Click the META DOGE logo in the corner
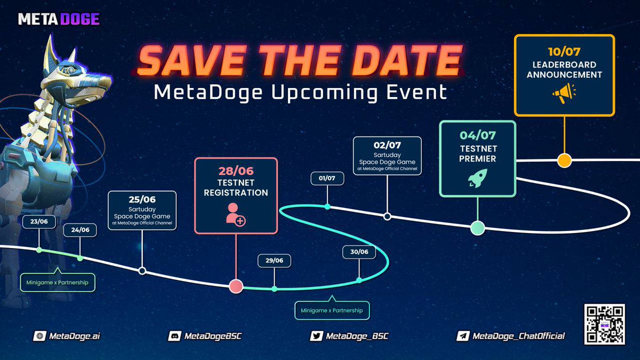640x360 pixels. (59, 19)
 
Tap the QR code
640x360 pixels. (604, 324)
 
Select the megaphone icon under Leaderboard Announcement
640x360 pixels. (564, 94)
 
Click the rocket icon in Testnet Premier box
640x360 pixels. (477, 178)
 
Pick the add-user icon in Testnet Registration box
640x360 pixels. (236, 213)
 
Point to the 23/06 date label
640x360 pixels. (39, 222)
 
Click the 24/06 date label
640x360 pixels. (80, 230)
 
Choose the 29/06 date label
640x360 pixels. (274, 260)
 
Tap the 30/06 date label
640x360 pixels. (359, 252)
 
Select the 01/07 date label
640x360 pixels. (327, 178)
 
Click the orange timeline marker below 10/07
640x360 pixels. (564, 160)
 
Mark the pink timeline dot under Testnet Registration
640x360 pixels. (236, 286)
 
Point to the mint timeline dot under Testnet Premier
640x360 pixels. (477, 228)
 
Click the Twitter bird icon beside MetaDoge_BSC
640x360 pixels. (317, 336)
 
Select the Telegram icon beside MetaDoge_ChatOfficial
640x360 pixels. (462, 336)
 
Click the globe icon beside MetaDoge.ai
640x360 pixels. (39, 336)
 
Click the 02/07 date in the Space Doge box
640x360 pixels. (387, 145)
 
